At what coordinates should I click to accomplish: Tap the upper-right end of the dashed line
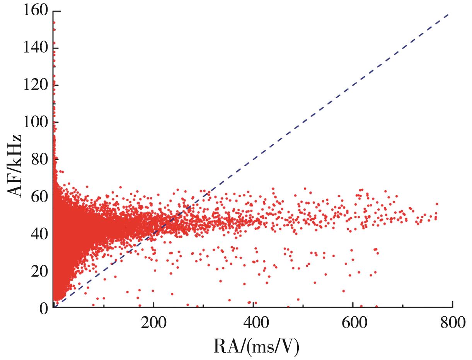pyautogui.click(x=448, y=14)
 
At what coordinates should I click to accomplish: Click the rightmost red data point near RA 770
pyautogui.click(x=436, y=204)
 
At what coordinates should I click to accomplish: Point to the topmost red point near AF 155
pyautogui.click(x=54, y=22)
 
